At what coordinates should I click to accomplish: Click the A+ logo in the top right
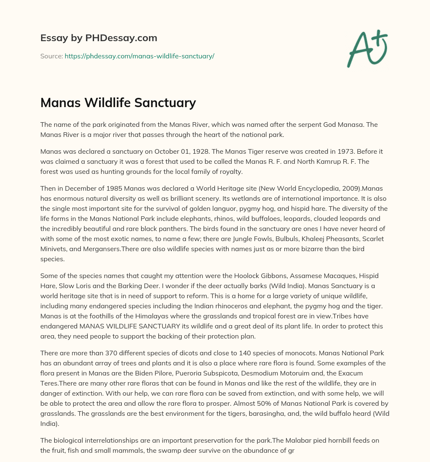click(x=367, y=48)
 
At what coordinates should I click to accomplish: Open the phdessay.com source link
click(x=139, y=56)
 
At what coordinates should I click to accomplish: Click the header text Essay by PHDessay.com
click(x=99, y=38)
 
